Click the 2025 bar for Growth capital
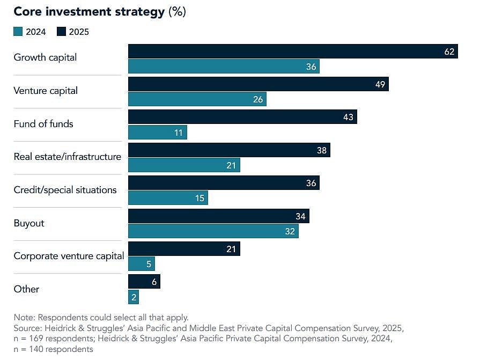coord(292,52)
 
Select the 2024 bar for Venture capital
coord(197,99)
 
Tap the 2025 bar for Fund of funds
coord(242,116)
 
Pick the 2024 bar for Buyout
coord(213,231)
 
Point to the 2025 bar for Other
coord(144,282)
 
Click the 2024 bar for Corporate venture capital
coord(141,263)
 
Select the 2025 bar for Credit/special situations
coord(224,183)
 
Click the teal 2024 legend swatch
coord(18,32)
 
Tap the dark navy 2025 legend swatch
coord(61,32)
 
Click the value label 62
coord(449,52)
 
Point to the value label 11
coord(179,133)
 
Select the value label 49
coord(380,84)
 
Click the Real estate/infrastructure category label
coord(67,157)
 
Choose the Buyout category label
coord(29,223)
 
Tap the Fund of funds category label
coord(43,124)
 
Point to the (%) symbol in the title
coord(177,12)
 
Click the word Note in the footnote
coord(24,317)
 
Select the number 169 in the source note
coord(31,339)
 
